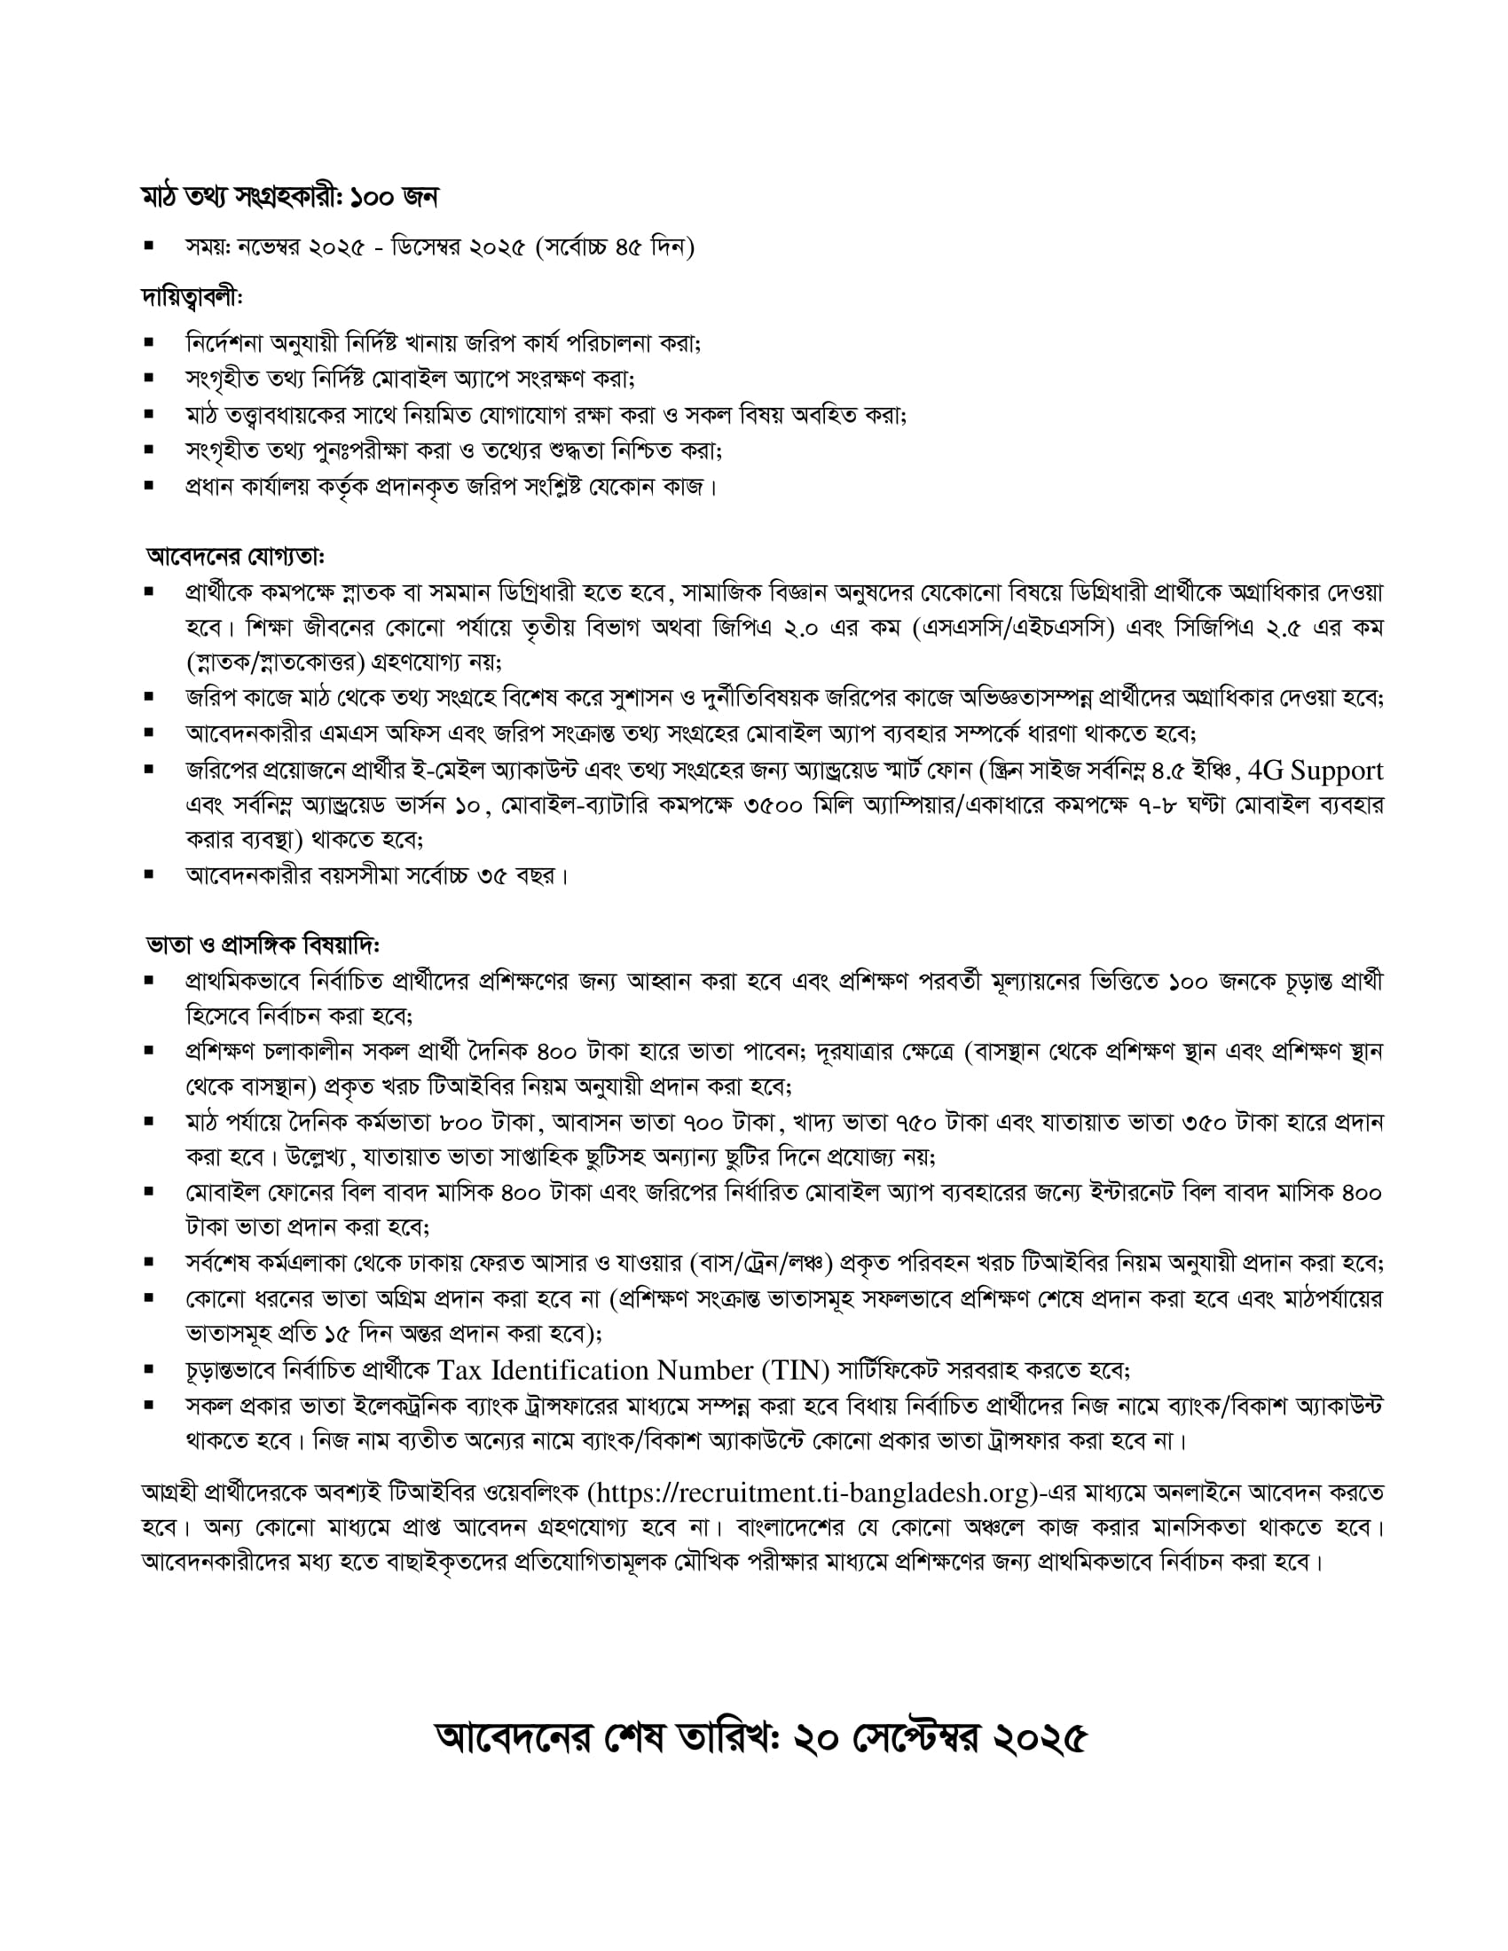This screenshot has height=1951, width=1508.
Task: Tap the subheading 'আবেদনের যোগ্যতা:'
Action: click(x=235, y=557)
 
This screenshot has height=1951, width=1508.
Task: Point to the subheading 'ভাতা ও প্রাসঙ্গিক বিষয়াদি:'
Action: click(x=263, y=944)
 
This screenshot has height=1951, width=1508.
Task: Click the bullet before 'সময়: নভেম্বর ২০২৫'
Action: click(x=149, y=246)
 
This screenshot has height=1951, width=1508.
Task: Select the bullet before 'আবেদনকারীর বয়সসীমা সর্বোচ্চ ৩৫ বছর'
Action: click(x=149, y=874)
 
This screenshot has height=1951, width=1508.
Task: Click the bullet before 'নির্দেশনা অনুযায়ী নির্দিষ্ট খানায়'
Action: click(x=149, y=343)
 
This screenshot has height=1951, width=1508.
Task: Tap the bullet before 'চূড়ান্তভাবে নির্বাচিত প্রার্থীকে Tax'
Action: click(x=149, y=1368)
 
